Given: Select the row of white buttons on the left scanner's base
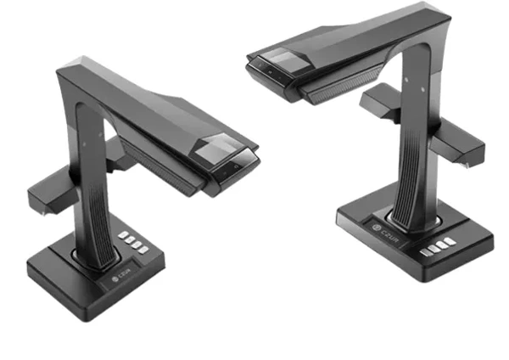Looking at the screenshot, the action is pos(133,242).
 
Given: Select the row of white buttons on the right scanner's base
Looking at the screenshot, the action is pos(438,246).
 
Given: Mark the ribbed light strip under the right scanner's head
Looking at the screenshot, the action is pos(341,85).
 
